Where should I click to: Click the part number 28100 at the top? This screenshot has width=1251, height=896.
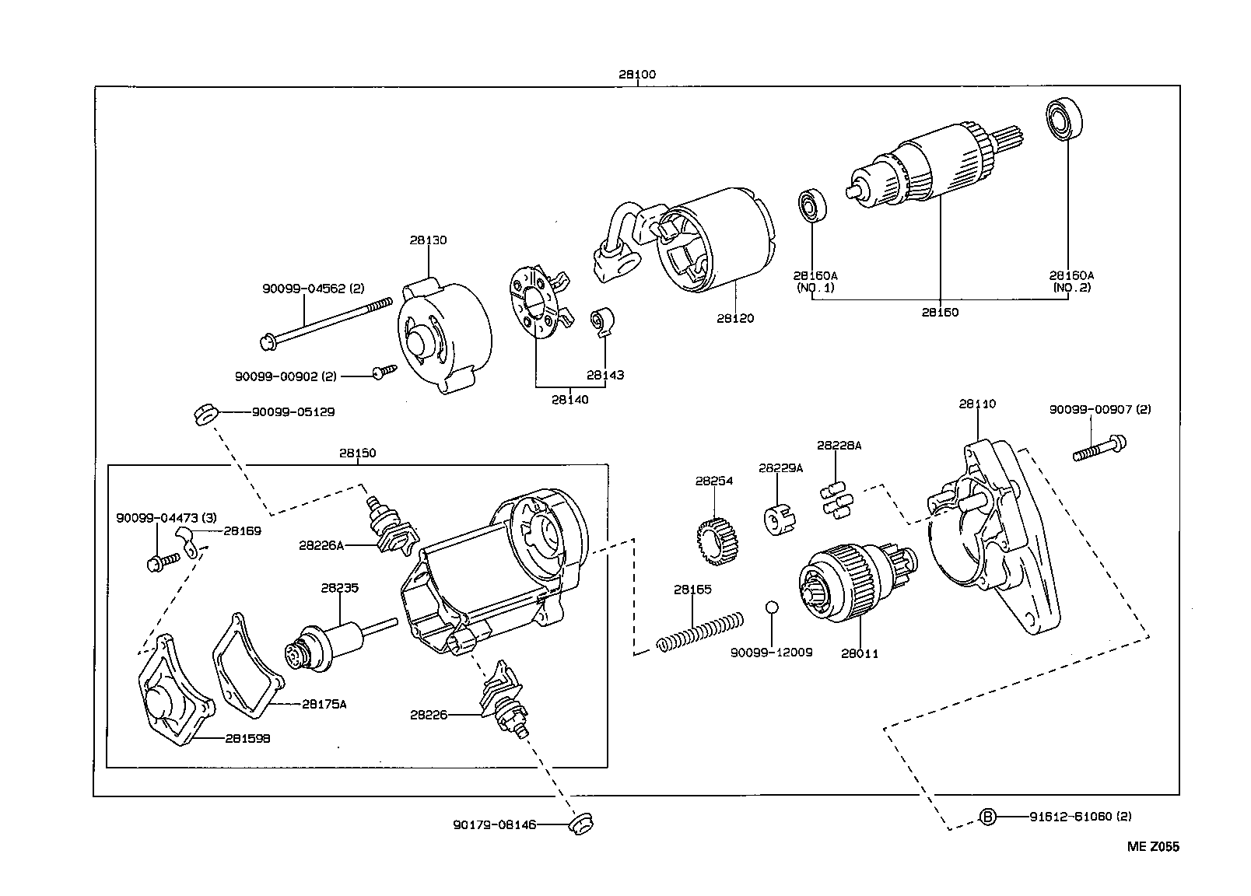coord(637,75)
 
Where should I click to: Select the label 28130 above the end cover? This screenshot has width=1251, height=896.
coord(428,240)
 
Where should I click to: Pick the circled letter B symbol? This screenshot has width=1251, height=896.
coord(986,817)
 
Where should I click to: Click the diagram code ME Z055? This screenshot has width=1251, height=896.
coord(1153,847)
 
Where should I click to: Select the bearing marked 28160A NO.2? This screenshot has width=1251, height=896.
coord(1060,119)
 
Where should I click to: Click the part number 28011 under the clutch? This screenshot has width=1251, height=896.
coord(859,653)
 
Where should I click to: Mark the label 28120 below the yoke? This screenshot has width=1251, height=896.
coord(735,318)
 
